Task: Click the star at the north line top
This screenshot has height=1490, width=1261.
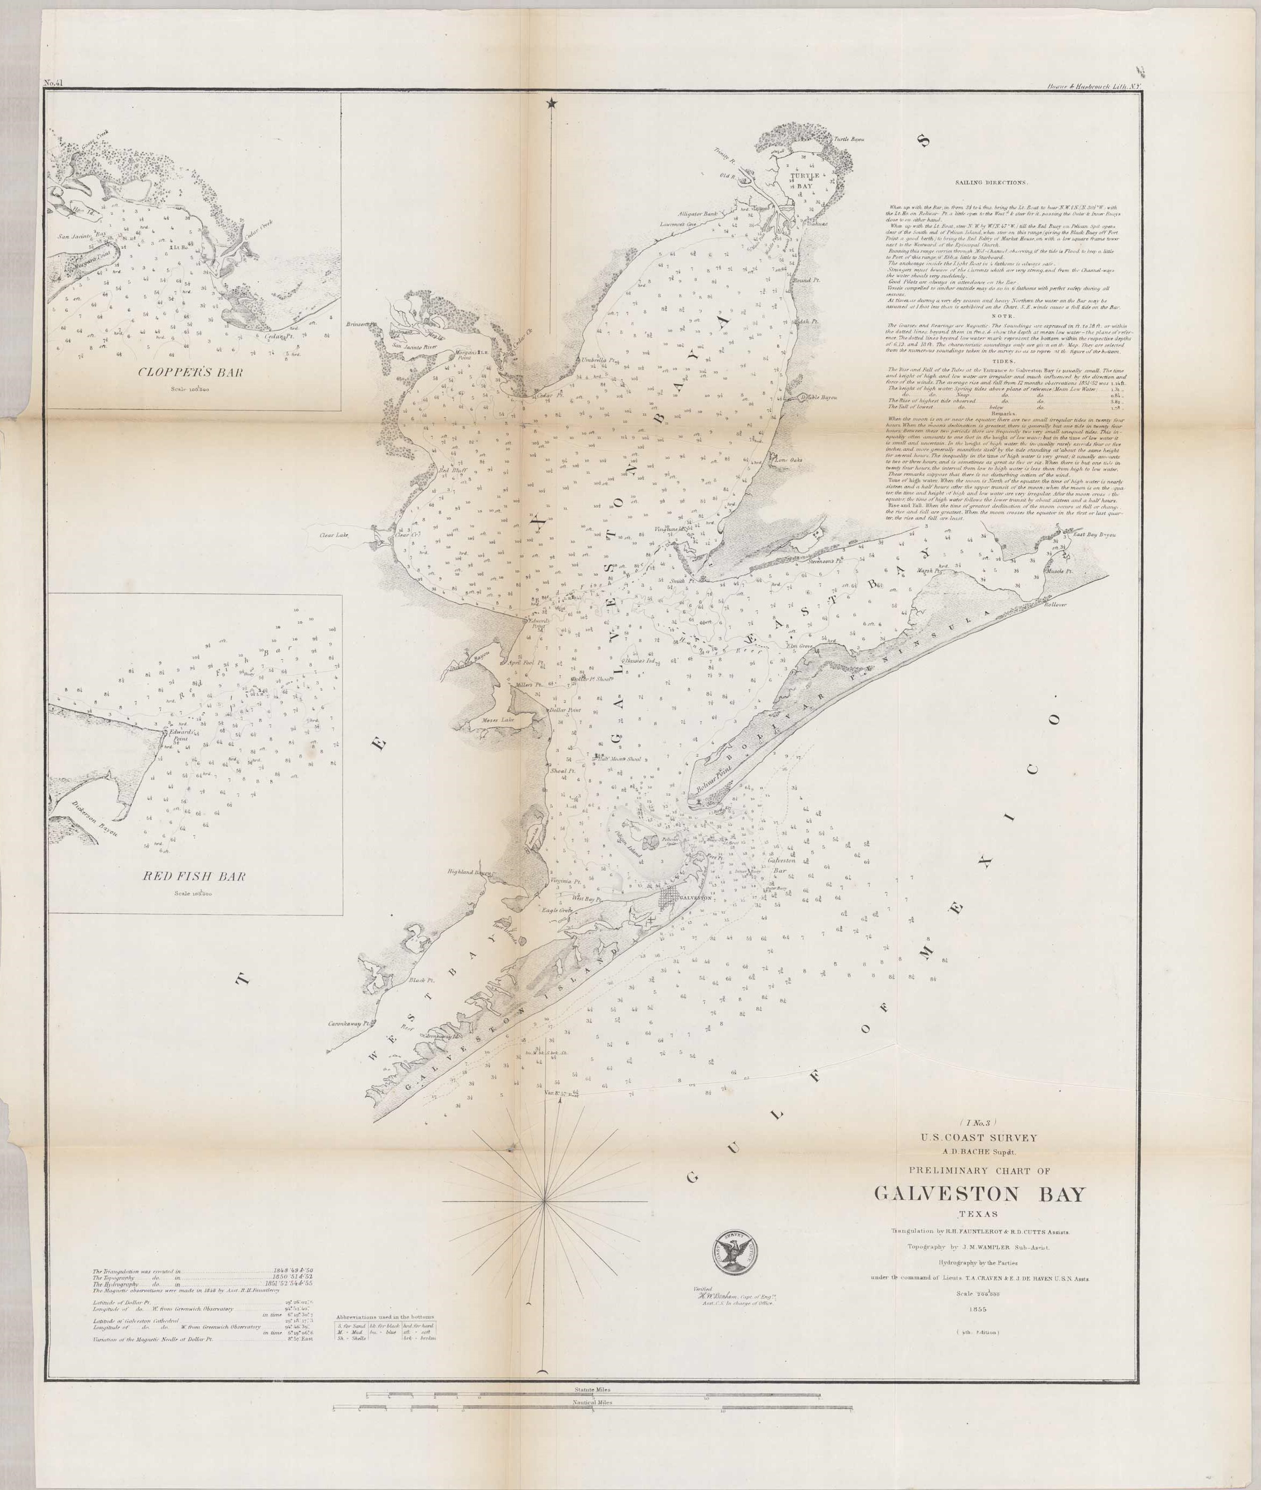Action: point(551,104)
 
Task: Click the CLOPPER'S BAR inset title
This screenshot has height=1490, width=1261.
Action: point(194,372)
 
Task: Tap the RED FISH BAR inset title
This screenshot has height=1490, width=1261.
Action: point(195,876)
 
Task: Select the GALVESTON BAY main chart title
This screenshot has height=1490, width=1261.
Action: point(979,1195)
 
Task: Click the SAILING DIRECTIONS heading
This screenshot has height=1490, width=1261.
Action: point(993,183)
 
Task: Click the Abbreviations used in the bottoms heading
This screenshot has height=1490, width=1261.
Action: point(387,1316)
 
